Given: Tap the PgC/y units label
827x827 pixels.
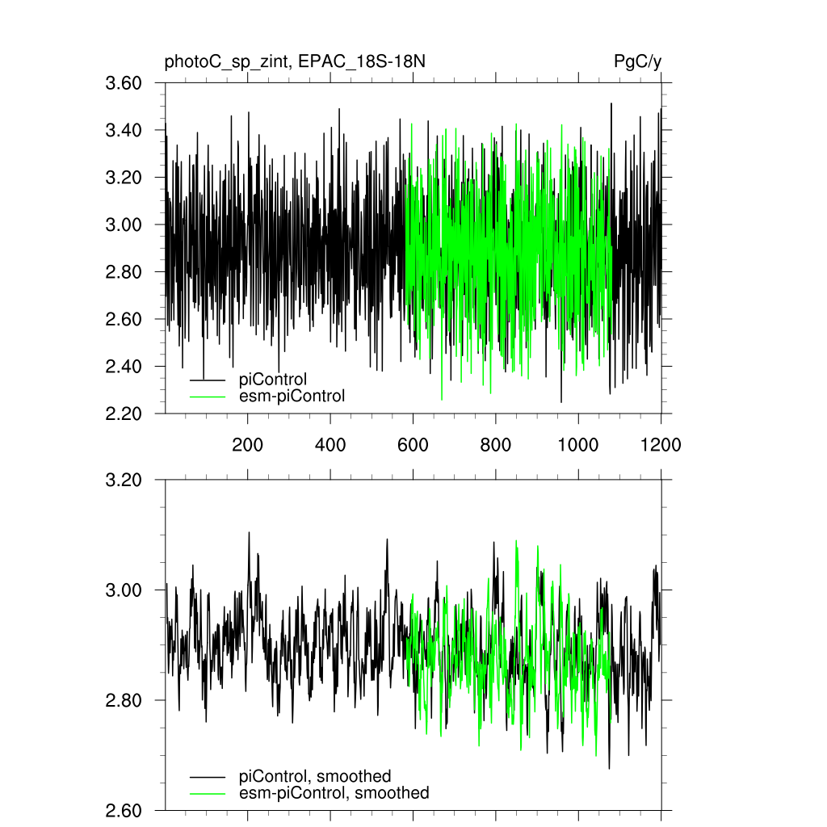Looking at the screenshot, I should (638, 62).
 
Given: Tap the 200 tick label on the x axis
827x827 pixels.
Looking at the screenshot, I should (247, 444).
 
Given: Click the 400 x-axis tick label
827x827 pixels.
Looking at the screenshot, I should (330, 444).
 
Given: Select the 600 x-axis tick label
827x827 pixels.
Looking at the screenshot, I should (413, 444).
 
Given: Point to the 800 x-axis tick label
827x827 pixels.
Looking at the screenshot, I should (495, 444).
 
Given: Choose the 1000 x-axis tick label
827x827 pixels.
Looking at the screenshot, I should (578, 444).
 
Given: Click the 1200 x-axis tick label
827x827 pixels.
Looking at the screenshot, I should (661, 444).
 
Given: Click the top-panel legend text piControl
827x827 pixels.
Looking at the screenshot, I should (273, 379).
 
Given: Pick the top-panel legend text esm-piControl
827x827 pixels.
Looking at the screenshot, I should (292, 396).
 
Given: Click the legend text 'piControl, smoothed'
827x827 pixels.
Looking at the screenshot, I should (315, 776).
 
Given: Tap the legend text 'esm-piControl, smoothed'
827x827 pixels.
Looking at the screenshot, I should (334, 793).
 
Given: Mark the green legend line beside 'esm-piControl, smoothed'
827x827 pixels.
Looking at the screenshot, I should (208, 793).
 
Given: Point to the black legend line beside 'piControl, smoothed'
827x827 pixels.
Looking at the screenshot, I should (208, 776).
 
